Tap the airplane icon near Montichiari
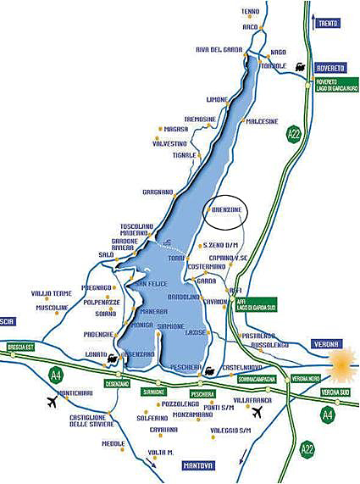pyautogui.click(x=54, y=399)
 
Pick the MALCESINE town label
pyautogui.click(x=262, y=121)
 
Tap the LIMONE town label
pyautogui.click(x=217, y=99)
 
